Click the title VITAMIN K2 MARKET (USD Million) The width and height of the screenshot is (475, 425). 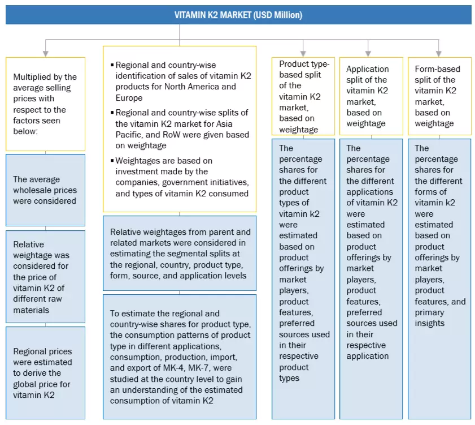tap(238, 15)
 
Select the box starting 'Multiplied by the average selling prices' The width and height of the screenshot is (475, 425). tap(45, 104)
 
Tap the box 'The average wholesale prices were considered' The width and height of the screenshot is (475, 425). tap(45, 190)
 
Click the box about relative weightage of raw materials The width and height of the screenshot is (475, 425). tap(45, 277)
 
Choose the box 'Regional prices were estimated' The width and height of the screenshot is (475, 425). tap(45, 373)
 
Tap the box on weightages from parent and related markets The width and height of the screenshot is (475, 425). tap(179, 254)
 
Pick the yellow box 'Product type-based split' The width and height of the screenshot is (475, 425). tap(303, 96)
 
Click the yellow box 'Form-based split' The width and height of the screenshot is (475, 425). tap(438, 96)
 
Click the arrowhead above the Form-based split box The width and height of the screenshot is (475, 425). tap(438, 53)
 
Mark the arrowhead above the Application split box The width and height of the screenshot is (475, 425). tap(368, 53)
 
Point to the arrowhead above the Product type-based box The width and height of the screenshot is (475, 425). tap(303, 53)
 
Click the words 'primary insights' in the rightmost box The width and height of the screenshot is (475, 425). tap(430, 317)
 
